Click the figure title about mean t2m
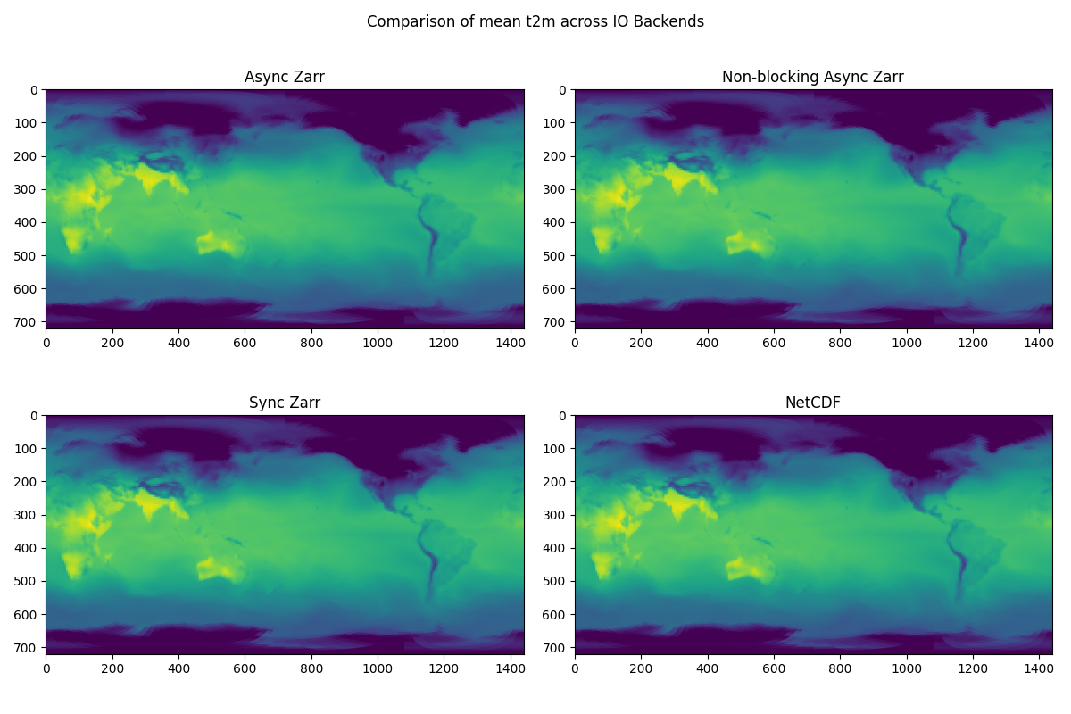tap(535, 21)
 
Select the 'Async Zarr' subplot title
tap(285, 77)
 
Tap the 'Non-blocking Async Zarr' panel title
tap(813, 77)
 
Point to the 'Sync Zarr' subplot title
tap(285, 403)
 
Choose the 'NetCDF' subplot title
tap(813, 403)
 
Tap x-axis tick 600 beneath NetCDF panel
tap(774, 667)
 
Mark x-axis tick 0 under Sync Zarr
tap(46, 667)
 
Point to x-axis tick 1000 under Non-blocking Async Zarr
tap(907, 341)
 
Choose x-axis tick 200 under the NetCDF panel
tap(641, 667)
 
